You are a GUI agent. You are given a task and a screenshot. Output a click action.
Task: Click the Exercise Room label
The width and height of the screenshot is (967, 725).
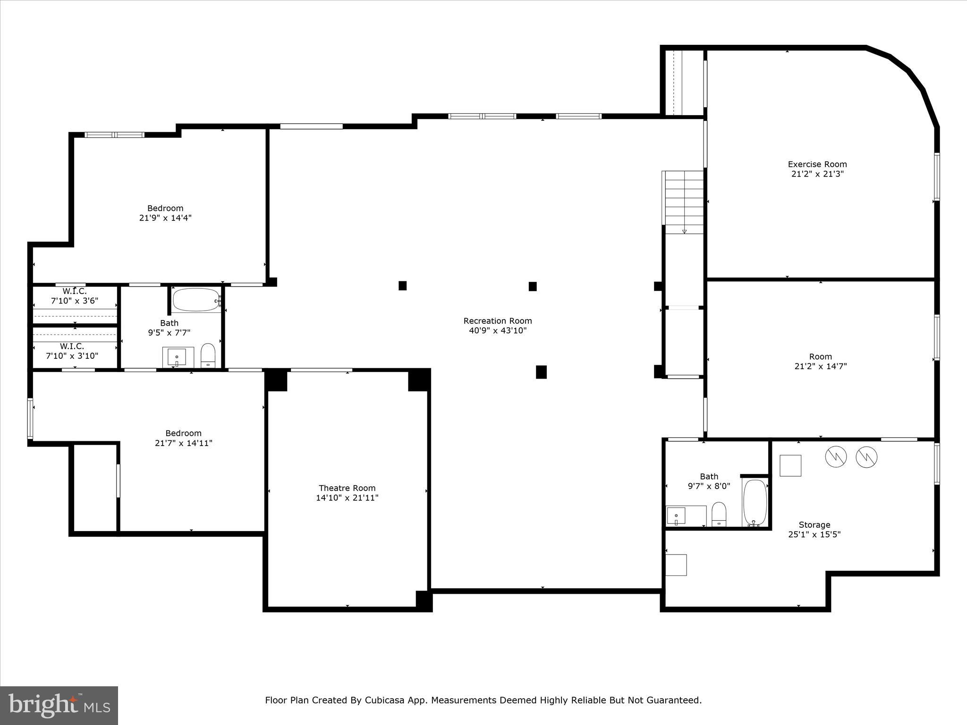(x=817, y=164)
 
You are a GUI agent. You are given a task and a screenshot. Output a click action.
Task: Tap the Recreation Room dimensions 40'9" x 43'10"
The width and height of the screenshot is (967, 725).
(x=498, y=331)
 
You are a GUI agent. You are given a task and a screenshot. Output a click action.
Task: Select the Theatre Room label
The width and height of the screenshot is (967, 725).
(x=347, y=488)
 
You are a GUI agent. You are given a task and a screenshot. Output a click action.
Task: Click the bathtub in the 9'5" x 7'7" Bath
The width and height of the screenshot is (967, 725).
(x=196, y=300)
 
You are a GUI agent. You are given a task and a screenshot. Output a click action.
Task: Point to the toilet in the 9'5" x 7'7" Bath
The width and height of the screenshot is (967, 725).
(x=208, y=355)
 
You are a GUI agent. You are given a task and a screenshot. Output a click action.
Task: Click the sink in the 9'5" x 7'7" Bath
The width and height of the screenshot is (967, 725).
(x=178, y=357)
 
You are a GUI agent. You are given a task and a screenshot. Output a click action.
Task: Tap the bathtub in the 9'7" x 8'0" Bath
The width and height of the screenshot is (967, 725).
(x=755, y=503)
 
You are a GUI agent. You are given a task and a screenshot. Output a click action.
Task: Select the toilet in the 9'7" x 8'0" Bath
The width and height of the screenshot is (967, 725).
(x=719, y=514)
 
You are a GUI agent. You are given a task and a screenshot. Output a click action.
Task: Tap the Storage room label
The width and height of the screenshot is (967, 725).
(x=814, y=525)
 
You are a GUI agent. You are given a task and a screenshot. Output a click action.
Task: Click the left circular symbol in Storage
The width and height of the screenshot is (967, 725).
(x=836, y=456)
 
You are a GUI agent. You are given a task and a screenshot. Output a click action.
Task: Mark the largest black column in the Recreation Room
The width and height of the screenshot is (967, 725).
(x=541, y=372)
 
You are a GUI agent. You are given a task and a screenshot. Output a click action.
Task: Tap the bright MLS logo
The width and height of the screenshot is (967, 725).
(x=59, y=705)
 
